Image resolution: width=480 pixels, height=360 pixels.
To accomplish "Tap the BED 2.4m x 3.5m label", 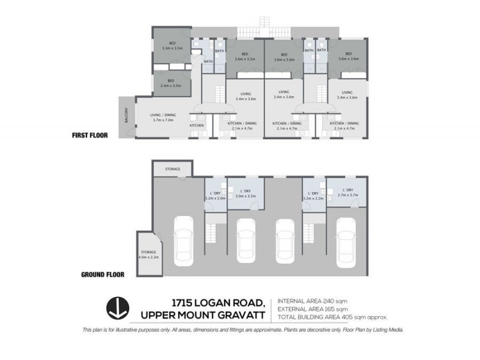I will tap(171, 83).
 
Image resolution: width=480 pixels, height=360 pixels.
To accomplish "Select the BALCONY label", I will tap(125, 115).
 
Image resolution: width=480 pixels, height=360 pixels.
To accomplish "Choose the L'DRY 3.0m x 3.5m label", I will tap(245, 193).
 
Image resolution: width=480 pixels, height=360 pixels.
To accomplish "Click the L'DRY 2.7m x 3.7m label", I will tap(347, 193).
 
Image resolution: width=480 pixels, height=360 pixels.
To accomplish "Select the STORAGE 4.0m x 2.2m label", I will tap(148, 254).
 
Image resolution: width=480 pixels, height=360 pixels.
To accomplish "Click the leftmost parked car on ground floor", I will tap(183, 241).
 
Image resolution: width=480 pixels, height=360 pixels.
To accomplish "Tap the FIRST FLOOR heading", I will tap(89, 136).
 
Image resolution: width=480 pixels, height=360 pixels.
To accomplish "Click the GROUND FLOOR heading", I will tap(103, 275).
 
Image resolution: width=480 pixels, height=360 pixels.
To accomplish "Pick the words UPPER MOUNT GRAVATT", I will tap(205, 315).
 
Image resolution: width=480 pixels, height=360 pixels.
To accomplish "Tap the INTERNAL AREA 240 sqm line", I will tap(312, 300).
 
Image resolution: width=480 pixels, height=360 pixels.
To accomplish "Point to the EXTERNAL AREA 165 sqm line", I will tap(313, 308).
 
